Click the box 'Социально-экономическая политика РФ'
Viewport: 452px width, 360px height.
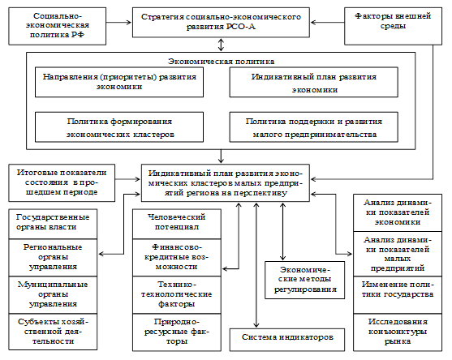pyautogui.click(x=58, y=26)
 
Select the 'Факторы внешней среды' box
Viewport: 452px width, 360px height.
pyautogui.click(x=393, y=26)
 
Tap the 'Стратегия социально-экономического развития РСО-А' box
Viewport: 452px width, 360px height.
pyautogui.click(x=221, y=23)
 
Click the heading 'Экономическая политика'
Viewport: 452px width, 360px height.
pyautogui.click(x=221, y=62)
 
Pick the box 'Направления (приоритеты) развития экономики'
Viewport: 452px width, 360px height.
pyautogui.click(x=119, y=83)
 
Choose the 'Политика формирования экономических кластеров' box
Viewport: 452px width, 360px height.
pyautogui.click(x=119, y=127)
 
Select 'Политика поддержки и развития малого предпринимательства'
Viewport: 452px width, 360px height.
pyautogui.click(x=314, y=127)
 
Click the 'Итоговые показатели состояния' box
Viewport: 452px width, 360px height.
pyautogui.click(x=62, y=183)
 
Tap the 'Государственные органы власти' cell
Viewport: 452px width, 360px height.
pyautogui.click(x=53, y=224)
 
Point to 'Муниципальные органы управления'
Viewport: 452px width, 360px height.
pyautogui.click(x=53, y=295)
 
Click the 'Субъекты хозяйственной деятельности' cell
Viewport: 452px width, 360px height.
pyautogui.click(x=53, y=332)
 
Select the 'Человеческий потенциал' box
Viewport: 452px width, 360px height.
pyautogui.click(x=177, y=224)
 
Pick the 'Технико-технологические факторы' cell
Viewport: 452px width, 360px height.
pyautogui.click(x=177, y=295)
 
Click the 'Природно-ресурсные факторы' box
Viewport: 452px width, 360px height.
pyautogui.click(x=177, y=332)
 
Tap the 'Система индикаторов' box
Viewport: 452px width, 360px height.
pyautogui.click(x=287, y=340)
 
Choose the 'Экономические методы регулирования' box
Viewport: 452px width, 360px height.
pyautogui.click(x=305, y=280)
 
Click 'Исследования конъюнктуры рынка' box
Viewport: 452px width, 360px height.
pyautogui.click(x=398, y=332)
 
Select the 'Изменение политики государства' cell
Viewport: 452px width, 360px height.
pyautogui.click(x=398, y=295)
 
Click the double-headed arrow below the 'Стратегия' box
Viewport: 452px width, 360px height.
pyautogui.click(x=221, y=45)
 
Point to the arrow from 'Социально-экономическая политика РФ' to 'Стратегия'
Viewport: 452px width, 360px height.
pyautogui.click(x=119, y=23)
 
